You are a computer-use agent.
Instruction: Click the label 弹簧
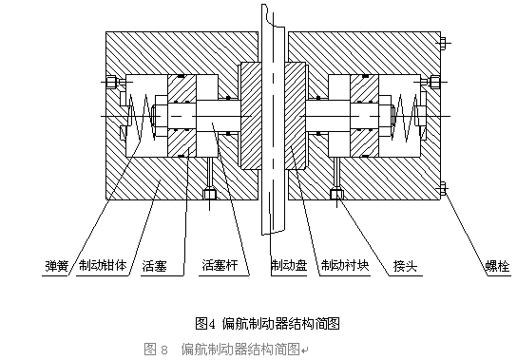point(57,266)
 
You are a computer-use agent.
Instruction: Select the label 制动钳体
point(103,265)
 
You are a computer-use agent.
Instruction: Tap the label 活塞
point(154,266)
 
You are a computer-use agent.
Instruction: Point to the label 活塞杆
point(220,265)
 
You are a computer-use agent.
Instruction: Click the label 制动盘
point(289,265)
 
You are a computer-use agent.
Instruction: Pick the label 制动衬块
point(345,265)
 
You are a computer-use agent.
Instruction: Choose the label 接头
point(405,266)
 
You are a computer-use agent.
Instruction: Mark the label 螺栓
point(498,266)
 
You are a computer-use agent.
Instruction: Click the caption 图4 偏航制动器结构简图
point(267,323)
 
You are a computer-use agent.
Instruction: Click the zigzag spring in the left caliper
point(142,116)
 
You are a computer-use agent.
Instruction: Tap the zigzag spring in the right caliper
point(405,116)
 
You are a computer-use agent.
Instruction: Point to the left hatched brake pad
point(251,116)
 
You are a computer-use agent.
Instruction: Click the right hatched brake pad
point(296,116)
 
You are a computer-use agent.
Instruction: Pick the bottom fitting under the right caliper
point(336,194)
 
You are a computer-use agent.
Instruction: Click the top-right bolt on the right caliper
point(443,42)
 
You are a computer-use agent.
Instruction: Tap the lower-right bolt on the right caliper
point(443,188)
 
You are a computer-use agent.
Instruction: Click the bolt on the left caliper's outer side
point(111,82)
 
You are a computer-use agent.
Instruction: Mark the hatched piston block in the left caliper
point(182,116)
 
